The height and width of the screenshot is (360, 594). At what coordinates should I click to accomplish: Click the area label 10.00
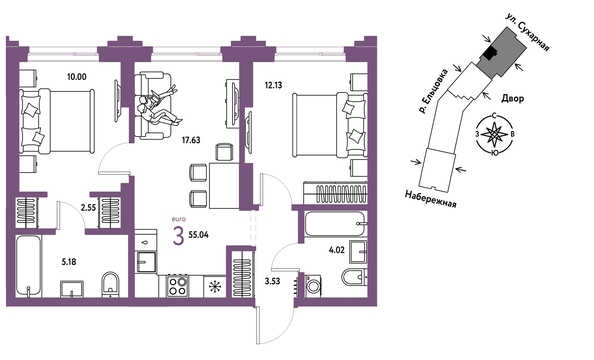(x=77, y=77)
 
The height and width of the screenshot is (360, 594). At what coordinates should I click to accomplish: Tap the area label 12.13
(x=273, y=85)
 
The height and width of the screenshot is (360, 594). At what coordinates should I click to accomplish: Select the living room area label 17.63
(x=191, y=140)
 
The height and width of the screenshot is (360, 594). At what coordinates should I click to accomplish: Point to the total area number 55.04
(x=198, y=235)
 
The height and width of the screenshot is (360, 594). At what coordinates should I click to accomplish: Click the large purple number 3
(x=178, y=236)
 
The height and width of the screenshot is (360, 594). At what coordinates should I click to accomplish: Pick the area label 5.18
(x=69, y=261)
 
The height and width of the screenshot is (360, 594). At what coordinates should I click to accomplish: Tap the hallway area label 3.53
(x=272, y=281)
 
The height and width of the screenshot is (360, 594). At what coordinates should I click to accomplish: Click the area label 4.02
(x=337, y=250)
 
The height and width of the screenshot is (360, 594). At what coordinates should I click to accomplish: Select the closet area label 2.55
(x=88, y=207)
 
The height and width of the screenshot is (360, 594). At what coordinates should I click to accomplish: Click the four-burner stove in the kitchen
(x=178, y=286)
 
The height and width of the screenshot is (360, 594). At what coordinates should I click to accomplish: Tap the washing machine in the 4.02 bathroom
(x=313, y=286)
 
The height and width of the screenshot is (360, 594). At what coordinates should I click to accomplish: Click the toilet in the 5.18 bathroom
(x=111, y=284)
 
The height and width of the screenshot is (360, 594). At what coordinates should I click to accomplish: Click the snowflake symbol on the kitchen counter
(x=215, y=286)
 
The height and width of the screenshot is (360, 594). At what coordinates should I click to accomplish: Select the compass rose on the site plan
(x=494, y=134)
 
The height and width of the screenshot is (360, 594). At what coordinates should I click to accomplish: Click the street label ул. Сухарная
(x=527, y=33)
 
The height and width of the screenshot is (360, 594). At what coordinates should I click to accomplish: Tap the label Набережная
(x=431, y=199)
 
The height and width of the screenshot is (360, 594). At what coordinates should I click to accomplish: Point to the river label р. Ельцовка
(x=432, y=91)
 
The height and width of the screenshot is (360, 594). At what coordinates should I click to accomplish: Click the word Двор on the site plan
(x=513, y=99)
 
